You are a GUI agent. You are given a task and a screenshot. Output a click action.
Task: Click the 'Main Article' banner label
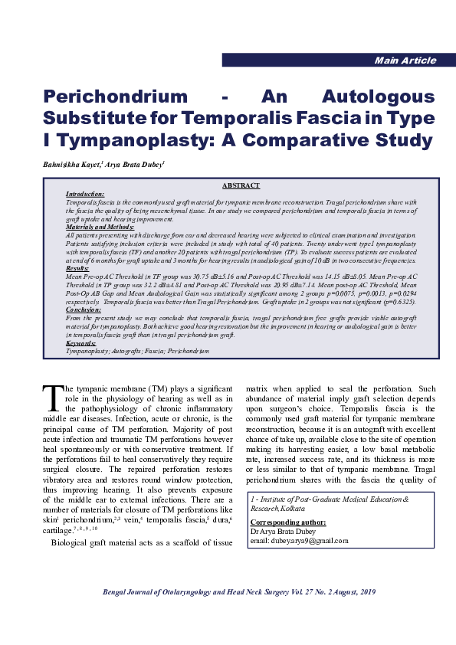tap(405, 61)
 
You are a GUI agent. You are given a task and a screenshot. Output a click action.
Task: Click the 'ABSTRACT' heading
tap(241, 186)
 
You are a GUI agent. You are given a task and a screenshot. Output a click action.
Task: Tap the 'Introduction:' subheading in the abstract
tap(84, 195)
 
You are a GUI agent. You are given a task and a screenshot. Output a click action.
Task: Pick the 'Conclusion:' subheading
tap(82, 309)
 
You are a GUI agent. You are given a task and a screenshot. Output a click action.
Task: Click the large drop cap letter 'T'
tap(53, 398)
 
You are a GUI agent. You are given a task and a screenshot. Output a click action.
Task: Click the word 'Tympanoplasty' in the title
tap(118, 141)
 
